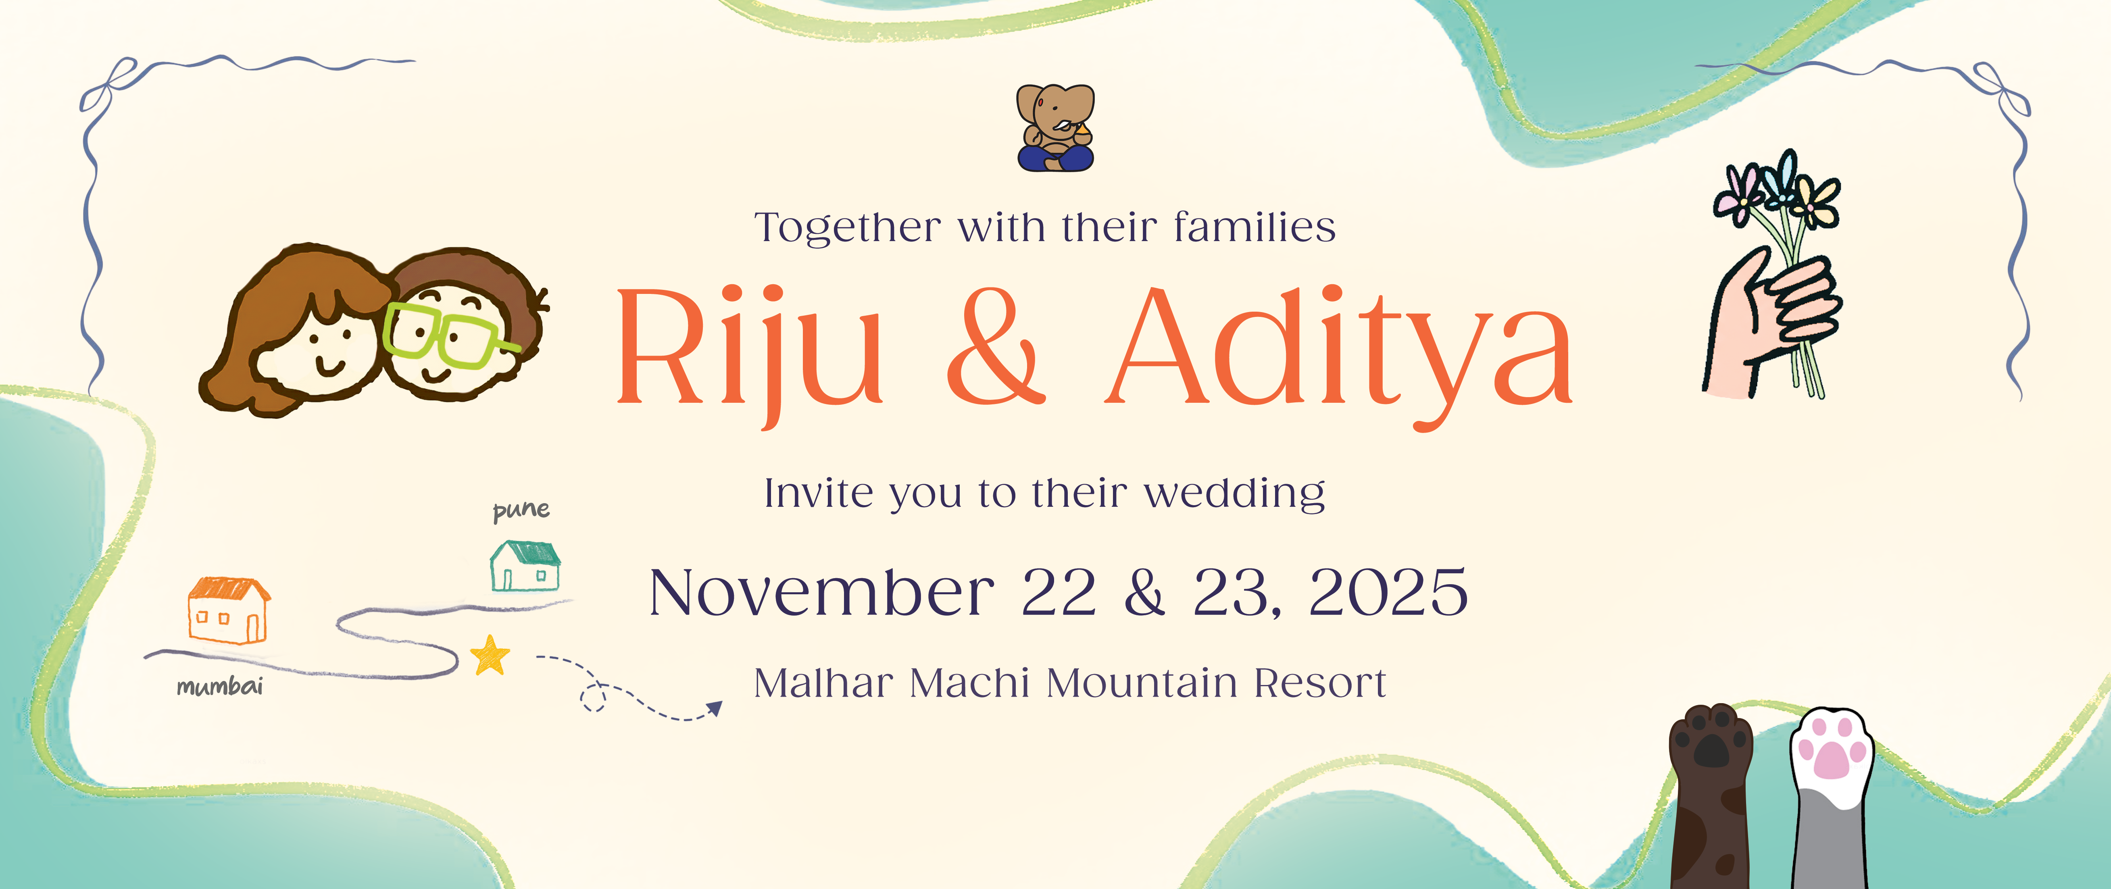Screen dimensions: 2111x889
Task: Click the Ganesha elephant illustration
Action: [1056, 128]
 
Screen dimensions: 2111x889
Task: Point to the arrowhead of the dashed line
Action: [715, 708]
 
